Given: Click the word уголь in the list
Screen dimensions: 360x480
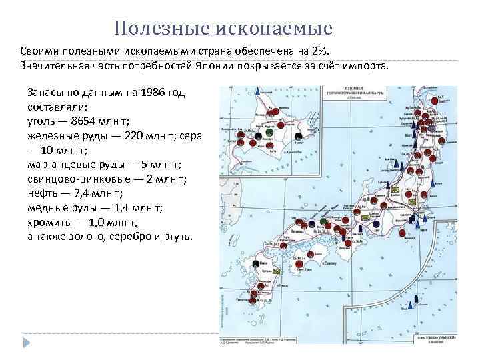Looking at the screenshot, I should pyautogui.click(x=41, y=121).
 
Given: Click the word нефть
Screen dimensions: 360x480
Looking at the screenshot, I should pyautogui.click(x=42, y=194).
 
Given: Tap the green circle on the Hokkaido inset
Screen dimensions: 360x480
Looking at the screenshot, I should pyautogui.click(x=268, y=134).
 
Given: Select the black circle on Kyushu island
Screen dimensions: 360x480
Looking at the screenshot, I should pyautogui.click(x=256, y=265).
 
